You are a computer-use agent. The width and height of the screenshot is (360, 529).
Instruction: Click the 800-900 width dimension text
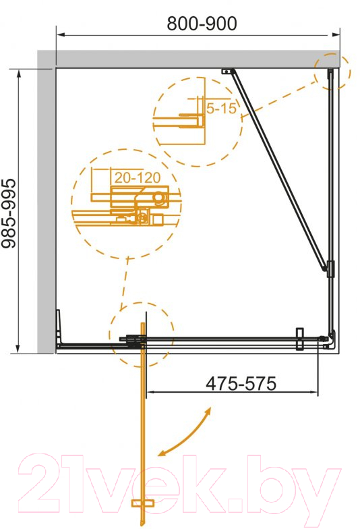[202, 24]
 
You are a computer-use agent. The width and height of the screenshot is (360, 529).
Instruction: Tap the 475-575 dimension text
[241, 383]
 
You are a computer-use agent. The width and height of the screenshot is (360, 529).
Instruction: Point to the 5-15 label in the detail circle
[221, 108]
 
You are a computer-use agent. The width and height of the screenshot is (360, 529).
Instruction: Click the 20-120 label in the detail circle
[138, 177]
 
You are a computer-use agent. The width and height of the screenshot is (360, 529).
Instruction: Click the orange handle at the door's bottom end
[143, 503]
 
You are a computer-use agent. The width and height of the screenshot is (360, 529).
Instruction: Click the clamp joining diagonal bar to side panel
[330, 269]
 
